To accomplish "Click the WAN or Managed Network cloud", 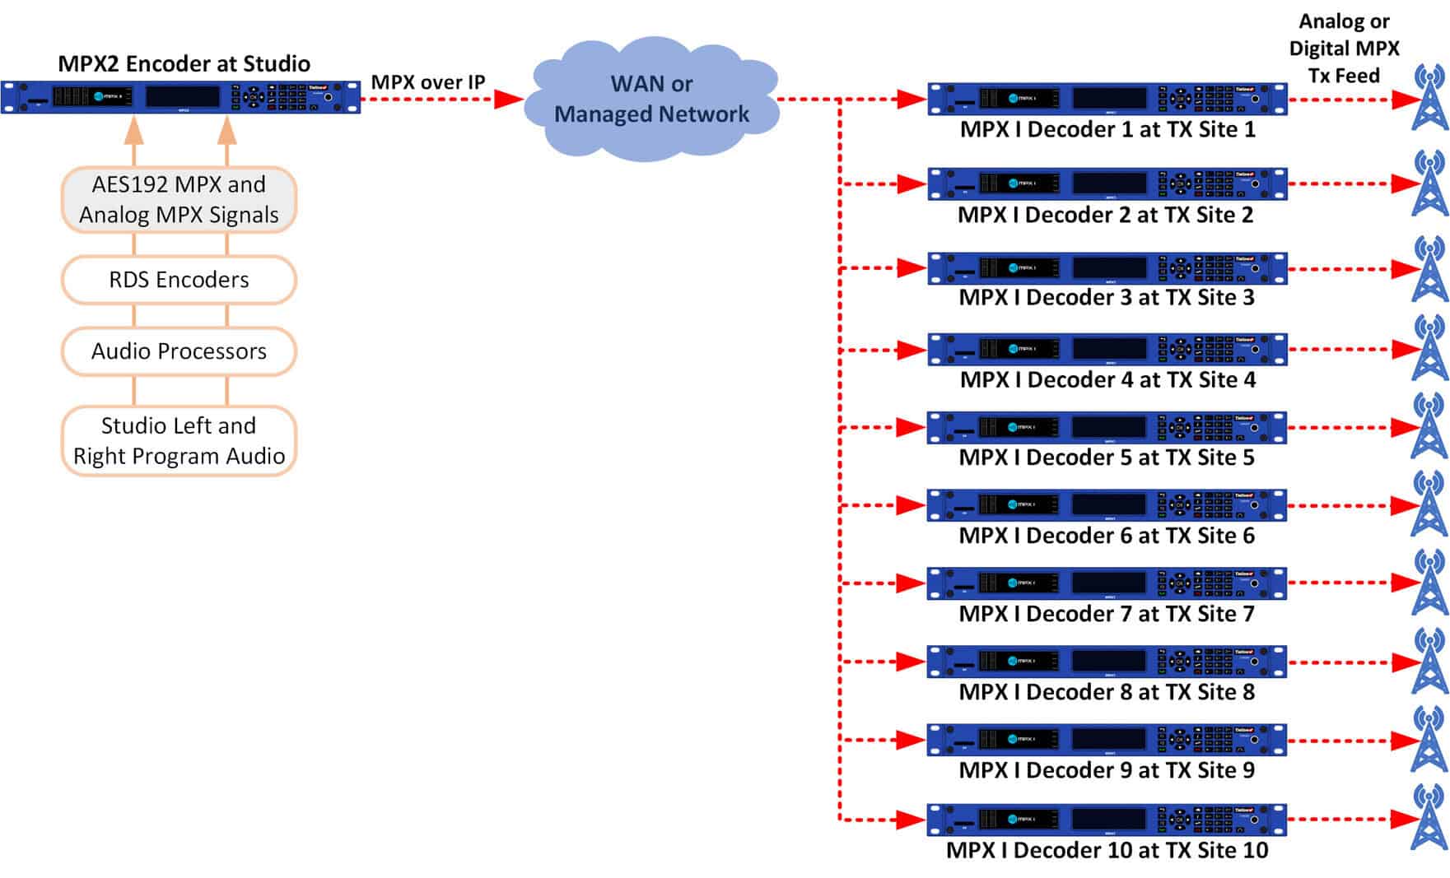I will [x=651, y=99].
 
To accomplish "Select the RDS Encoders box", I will [x=179, y=280].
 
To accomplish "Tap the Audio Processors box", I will [x=179, y=351].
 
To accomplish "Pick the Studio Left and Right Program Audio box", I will [x=179, y=440].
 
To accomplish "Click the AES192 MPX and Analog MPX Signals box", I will [x=179, y=199].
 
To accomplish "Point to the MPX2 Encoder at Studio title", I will [x=184, y=63].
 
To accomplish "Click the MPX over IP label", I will [x=428, y=82].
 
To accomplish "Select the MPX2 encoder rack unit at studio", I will [x=181, y=97].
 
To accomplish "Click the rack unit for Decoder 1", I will [x=1107, y=99].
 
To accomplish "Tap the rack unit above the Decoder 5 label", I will [x=1107, y=427].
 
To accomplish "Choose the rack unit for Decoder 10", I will [x=1107, y=819].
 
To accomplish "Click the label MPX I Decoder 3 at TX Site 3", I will [x=1107, y=297].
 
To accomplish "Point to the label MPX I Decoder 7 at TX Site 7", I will [x=1107, y=614].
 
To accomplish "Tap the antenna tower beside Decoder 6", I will [x=1429, y=504].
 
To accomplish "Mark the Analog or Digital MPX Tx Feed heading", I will [x=1344, y=49].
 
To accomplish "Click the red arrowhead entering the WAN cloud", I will [x=508, y=100].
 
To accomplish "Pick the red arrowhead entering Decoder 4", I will [x=911, y=350].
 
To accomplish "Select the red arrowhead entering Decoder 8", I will [x=911, y=662].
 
